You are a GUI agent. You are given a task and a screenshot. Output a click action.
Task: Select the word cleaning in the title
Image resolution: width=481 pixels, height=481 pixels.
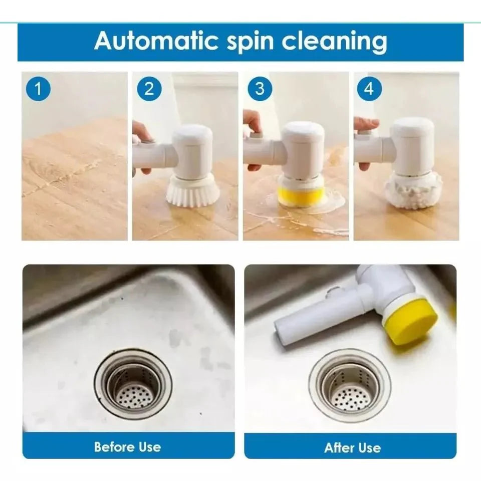(x=334, y=41)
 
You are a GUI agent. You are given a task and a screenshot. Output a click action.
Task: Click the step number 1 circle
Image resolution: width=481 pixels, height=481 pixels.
(x=39, y=89)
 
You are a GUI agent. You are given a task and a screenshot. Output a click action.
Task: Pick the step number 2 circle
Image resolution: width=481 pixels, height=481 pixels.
(x=149, y=89)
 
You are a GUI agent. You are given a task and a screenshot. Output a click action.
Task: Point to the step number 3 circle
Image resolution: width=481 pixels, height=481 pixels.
(x=260, y=89)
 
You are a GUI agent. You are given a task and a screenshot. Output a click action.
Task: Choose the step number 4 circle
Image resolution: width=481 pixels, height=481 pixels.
(x=369, y=89)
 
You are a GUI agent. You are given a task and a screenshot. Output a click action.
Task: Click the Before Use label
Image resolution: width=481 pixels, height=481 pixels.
(x=128, y=446)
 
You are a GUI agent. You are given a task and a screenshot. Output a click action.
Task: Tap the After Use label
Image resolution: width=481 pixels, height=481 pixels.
(x=352, y=447)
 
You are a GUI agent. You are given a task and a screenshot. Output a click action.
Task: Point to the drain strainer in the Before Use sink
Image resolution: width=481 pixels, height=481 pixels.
(x=133, y=383)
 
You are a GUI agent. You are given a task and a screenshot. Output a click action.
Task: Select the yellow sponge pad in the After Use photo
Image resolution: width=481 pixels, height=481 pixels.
(x=409, y=321)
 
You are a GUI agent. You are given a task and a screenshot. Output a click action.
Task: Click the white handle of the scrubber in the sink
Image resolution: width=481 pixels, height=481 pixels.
(x=321, y=316)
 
